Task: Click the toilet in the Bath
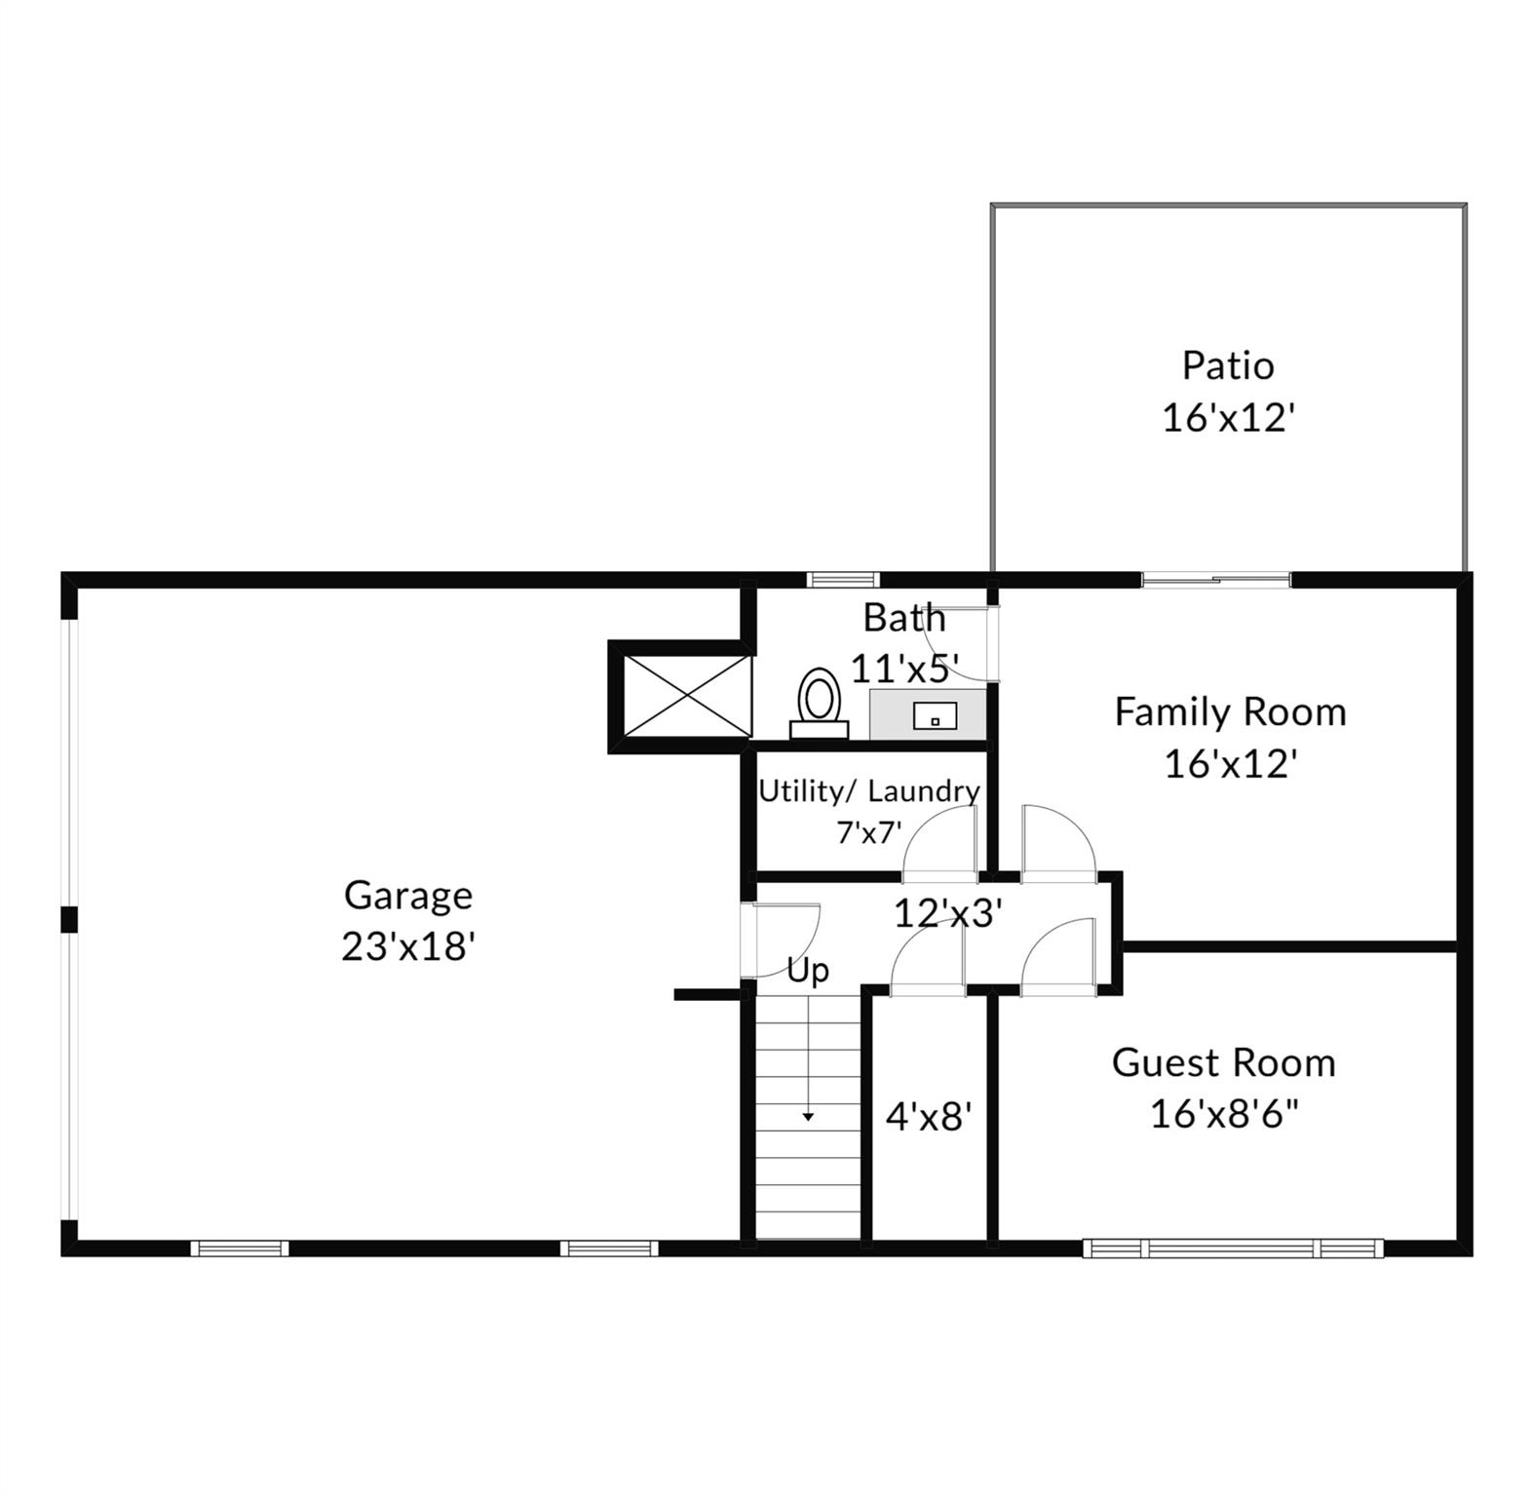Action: point(819,703)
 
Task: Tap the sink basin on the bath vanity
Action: point(935,717)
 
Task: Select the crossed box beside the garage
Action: point(687,696)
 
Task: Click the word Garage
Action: point(408,896)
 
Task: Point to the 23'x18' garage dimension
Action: point(408,945)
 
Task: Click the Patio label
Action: point(1228,365)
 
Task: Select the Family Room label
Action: point(1230,712)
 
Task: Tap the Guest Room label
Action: point(1224,1062)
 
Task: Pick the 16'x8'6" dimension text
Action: point(1224,1113)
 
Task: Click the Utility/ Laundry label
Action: point(869,790)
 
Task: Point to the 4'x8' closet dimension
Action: point(929,1116)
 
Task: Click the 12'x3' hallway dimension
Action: point(948,913)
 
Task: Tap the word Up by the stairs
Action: point(808,972)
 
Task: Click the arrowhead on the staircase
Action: point(808,1117)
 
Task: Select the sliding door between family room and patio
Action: point(1216,580)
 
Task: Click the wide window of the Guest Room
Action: point(1233,1247)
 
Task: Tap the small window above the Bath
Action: point(843,580)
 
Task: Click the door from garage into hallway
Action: point(780,940)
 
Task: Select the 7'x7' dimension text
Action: point(869,832)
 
